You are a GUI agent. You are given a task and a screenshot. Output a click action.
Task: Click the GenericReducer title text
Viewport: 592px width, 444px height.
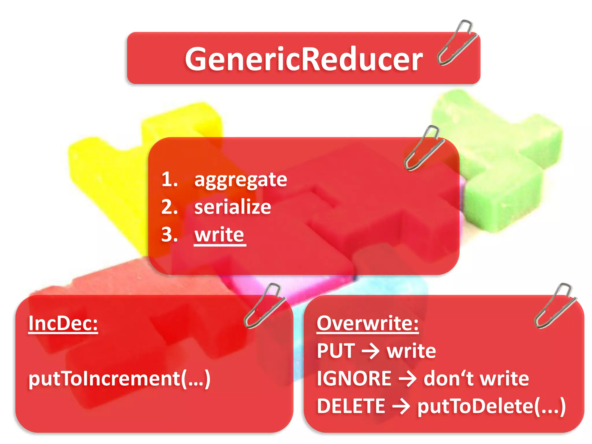pos(304,59)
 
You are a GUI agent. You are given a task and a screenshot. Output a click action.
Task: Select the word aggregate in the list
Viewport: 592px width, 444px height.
pos(240,180)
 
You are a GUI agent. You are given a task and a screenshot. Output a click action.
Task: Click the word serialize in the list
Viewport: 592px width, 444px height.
pos(232,207)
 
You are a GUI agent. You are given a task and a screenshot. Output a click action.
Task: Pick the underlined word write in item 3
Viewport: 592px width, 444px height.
pos(219,234)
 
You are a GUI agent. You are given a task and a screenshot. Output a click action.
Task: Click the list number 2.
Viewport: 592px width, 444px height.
pos(169,207)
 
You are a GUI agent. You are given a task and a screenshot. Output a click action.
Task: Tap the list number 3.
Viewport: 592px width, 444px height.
pos(169,234)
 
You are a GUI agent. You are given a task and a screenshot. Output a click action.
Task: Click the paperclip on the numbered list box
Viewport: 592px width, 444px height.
pos(424,148)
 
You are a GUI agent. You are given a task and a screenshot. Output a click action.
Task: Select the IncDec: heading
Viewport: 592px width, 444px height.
pos(63,323)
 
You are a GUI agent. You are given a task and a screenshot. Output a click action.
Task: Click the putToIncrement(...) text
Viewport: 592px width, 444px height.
pos(119,379)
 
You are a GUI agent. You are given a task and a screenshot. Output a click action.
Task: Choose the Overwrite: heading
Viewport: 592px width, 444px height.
pos(367,323)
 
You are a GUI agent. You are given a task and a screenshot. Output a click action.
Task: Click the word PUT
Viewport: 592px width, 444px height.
pos(336,351)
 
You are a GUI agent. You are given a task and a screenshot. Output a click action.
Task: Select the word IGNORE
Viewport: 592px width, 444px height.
pos(354,378)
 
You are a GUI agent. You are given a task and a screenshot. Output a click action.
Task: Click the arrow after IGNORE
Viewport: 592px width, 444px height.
pos(407,379)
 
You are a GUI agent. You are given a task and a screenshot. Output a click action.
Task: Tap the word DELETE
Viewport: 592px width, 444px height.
pos(351,406)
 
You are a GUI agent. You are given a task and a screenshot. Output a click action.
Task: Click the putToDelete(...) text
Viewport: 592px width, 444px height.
pos(491,406)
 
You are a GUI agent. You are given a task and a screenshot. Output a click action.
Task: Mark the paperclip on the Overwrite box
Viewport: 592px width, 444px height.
pos(554,306)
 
